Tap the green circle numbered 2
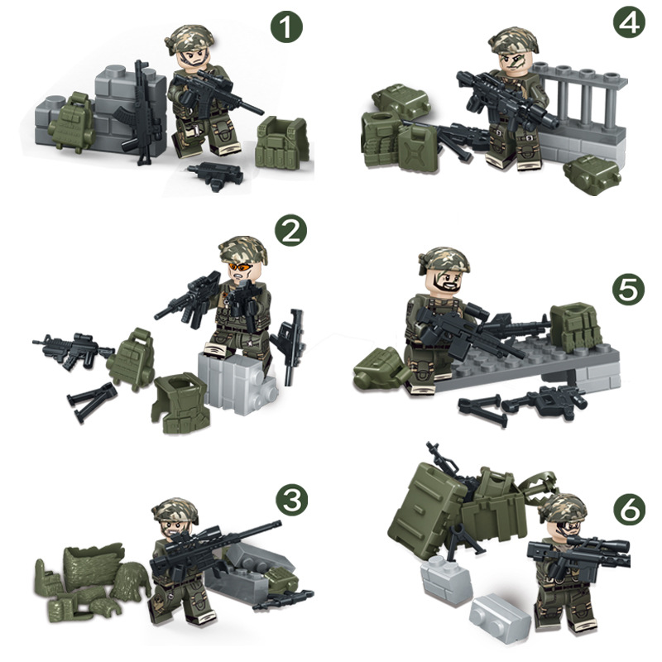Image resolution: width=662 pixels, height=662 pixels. [x=289, y=233]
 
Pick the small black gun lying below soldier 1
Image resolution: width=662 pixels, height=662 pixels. [x=215, y=173]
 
